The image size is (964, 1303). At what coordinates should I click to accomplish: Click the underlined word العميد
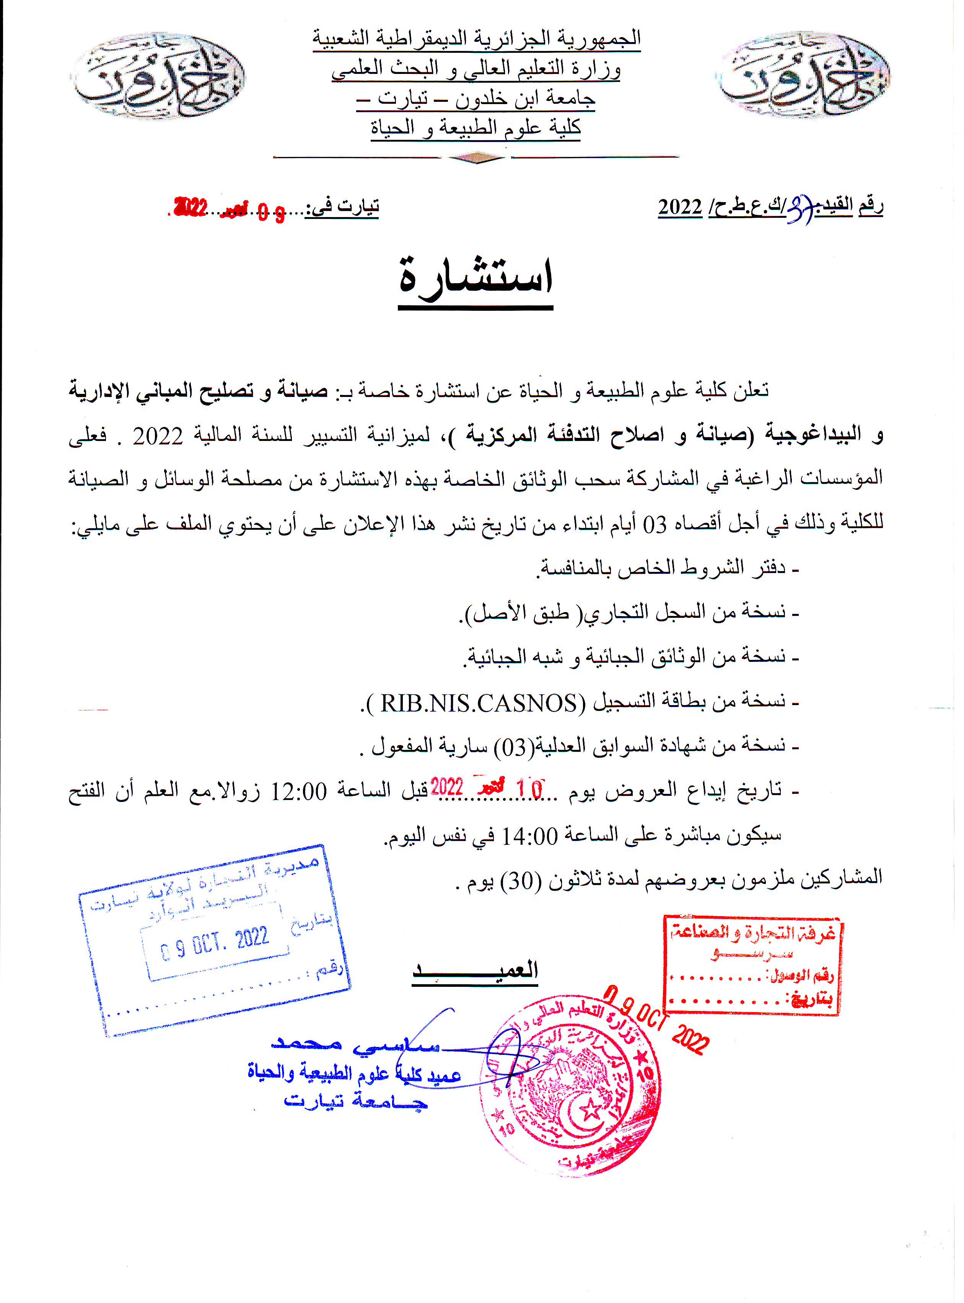point(475,971)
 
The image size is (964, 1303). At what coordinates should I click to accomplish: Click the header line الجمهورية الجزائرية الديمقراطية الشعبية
point(476,39)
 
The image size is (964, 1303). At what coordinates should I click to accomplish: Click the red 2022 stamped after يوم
point(447,787)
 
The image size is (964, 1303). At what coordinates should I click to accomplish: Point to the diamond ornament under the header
point(476,158)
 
